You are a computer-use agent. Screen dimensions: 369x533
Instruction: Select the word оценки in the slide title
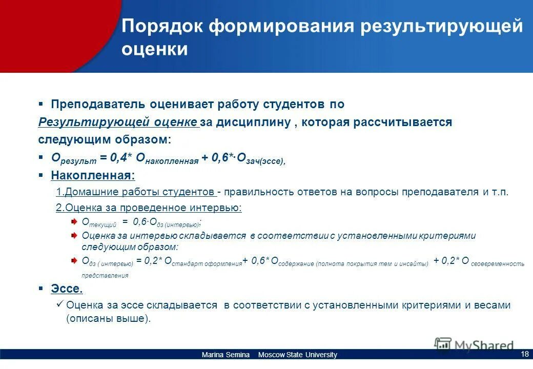(x=154, y=50)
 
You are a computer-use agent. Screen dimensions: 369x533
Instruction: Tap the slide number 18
(x=524, y=354)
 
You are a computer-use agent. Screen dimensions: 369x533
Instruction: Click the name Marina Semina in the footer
(x=225, y=355)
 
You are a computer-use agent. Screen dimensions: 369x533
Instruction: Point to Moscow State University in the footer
(x=297, y=355)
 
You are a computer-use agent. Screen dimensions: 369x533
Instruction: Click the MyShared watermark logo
(x=474, y=345)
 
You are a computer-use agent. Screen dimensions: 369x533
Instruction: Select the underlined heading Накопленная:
(x=93, y=176)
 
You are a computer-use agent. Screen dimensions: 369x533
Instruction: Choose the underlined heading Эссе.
(x=67, y=289)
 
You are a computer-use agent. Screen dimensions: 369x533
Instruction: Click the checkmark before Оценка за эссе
(x=59, y=304)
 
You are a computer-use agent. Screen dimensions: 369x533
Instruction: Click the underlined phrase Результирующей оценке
(x=117, y=122)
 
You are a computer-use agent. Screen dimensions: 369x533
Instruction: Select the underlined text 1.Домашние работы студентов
(x=135, y=192)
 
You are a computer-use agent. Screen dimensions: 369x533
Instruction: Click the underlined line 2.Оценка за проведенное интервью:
(x=148, y=208)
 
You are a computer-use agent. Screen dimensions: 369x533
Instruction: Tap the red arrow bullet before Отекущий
(x=74, y=221)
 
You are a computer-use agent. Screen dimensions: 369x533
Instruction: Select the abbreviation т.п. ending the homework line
(x=502, y=192)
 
